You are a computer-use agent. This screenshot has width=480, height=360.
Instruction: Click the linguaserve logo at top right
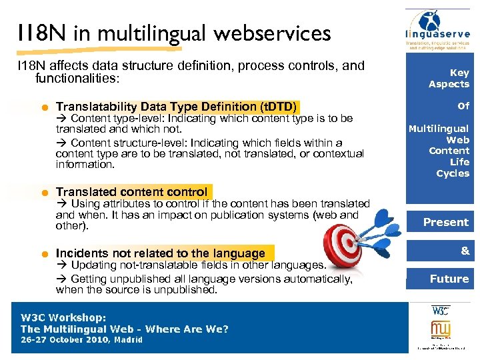pyautogui.click(x=439, y=30)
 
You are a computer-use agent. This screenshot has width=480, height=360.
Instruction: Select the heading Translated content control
pyautogui.click(x=131, y=192)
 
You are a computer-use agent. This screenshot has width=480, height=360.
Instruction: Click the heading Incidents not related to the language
pyautogui.click(x=161, y=253)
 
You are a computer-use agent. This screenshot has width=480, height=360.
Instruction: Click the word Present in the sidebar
pyautogui.click(x=446, y=222)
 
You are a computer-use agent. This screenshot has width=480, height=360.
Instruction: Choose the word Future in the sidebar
pyautogui.click(x=449, y=279)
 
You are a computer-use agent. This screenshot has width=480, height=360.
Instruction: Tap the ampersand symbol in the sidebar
pyautogui.click(x=465, y=250)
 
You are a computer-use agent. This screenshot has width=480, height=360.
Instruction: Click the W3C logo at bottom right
pyautogui.click(x=440, y=310)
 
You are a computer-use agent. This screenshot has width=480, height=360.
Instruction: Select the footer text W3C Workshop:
pyautogui.click(x=63, y=318)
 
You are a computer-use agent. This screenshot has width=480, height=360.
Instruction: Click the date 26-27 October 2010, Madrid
pyautogui.click(x=81, y=339)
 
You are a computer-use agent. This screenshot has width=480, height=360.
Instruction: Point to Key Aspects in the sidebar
pyautogui.click(x=449, y=78)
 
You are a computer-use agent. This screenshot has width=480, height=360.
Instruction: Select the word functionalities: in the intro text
pyautogui.click(x=77, y=79)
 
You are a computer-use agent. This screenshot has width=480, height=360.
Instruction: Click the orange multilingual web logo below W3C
pyautogui.click(x=440, y=329)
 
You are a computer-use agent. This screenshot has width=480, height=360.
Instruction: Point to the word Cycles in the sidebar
pyautogui.click(x=453, y=173)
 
